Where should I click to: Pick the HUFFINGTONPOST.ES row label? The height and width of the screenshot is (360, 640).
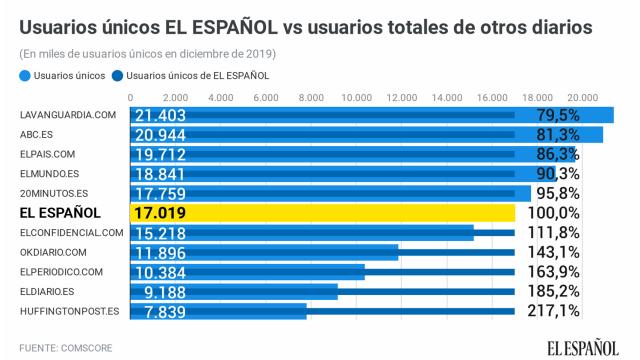70,311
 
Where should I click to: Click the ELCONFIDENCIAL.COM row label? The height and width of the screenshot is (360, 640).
71,232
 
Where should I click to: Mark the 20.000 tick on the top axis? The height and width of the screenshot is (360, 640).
582,97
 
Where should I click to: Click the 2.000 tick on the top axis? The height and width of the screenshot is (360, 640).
176,97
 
